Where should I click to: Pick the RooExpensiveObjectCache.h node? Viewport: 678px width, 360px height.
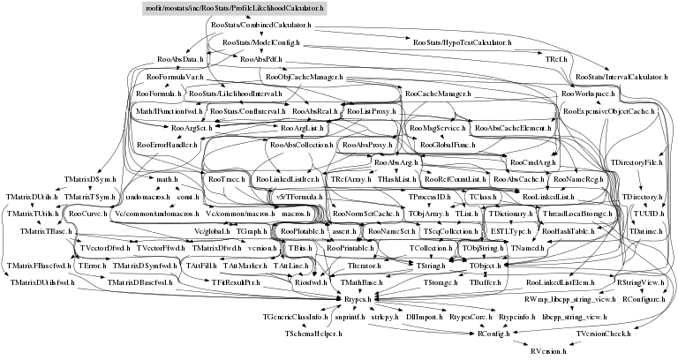tap(607, 112)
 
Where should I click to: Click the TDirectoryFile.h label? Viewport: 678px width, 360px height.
tap(636, 163)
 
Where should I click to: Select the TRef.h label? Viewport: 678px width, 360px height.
tap(555, 58)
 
